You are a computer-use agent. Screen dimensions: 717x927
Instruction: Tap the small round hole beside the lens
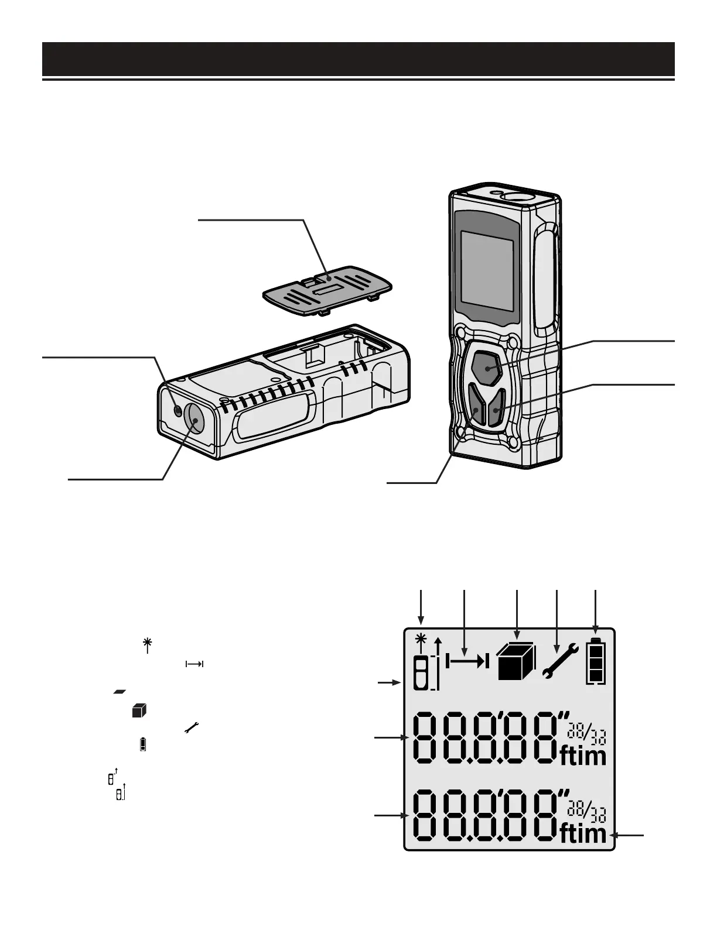pos(178,411)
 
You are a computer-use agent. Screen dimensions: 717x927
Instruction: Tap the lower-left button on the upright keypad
pos(477,407)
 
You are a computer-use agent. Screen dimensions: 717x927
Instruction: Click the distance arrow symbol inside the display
pos(467,661)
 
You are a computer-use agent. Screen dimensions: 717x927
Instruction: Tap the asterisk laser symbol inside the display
pos(419,639)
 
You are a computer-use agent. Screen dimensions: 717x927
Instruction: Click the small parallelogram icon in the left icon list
pos(120,691)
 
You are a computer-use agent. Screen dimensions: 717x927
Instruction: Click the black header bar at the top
pos(358,59)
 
